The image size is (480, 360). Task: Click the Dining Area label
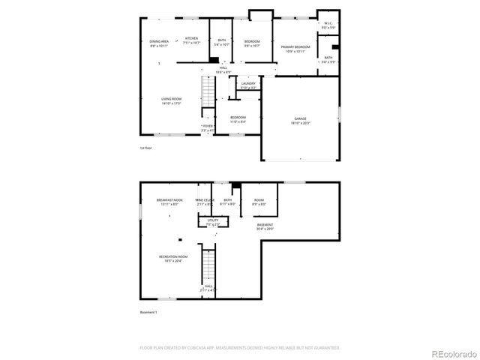click(x=158, y=43)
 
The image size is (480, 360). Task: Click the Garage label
click(x=300, y=121)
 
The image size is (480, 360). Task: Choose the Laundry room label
click(x=248, y=85)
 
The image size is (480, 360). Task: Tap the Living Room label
click(x=172, y=101)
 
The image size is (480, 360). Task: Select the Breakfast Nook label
click(x=169, y=202)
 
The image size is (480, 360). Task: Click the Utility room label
click(x=213, y=222)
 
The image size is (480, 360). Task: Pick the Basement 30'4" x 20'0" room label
click(x=265, y=226)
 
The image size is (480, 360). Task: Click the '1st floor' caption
click(x=146, y=148)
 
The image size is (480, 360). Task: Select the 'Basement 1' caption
click(x=148, y=312)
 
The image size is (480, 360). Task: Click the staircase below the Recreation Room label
click(x=211, y=266)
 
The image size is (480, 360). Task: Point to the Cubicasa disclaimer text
click(x=240, y=347)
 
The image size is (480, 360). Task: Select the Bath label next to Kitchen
click(x=222, y=43)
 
